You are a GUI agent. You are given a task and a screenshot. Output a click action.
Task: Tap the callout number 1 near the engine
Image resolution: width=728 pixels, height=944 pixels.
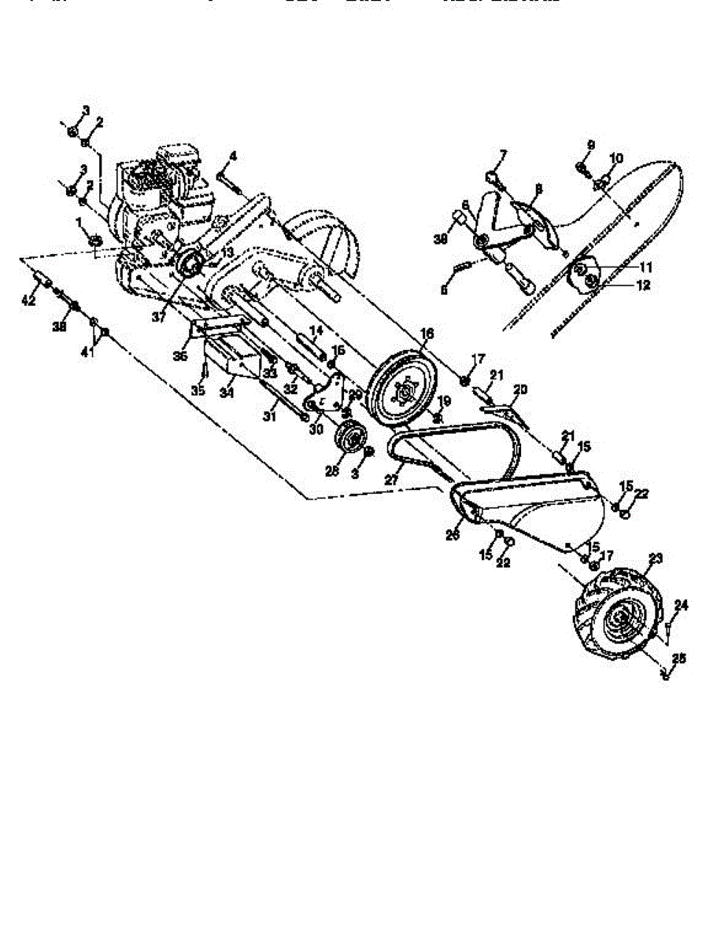click(x=79, y=222)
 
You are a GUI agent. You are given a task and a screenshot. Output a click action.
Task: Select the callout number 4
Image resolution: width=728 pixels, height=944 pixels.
click(x=233, y=157)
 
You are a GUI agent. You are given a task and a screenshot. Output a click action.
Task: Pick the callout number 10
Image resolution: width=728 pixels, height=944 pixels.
click(x=615, y=158)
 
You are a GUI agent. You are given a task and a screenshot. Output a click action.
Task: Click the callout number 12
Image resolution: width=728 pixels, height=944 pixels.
click(x=645, y=286)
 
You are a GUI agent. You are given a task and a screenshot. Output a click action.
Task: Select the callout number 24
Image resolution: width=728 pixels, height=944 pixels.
click(x=682, y=605)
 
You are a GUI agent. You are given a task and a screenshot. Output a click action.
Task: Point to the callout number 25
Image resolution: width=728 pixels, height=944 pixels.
click(x=678, y=658)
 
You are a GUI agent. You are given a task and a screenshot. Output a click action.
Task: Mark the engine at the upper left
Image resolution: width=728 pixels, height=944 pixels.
click(x=161, y=193)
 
